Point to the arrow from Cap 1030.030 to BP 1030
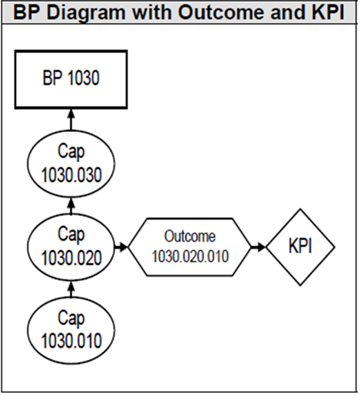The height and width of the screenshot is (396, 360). [x=71, y=120]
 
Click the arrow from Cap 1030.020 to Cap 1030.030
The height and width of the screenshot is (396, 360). [x=71, y=206]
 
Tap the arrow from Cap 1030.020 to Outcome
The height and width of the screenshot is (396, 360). [x=121, y=247]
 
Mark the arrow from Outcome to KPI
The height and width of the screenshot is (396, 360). [x=259, y=247]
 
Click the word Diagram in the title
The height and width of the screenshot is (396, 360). [x=86, y=12]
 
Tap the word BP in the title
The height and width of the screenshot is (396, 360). [x=27, y=12]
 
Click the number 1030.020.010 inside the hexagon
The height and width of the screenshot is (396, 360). [x=190, y=256]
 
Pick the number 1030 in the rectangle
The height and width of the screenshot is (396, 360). [x=84, y=78]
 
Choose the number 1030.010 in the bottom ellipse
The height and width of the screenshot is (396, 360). [x=71, y=341]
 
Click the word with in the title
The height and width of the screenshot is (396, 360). [x=152, y=12]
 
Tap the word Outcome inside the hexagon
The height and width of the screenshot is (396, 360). [x=190, y=236]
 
